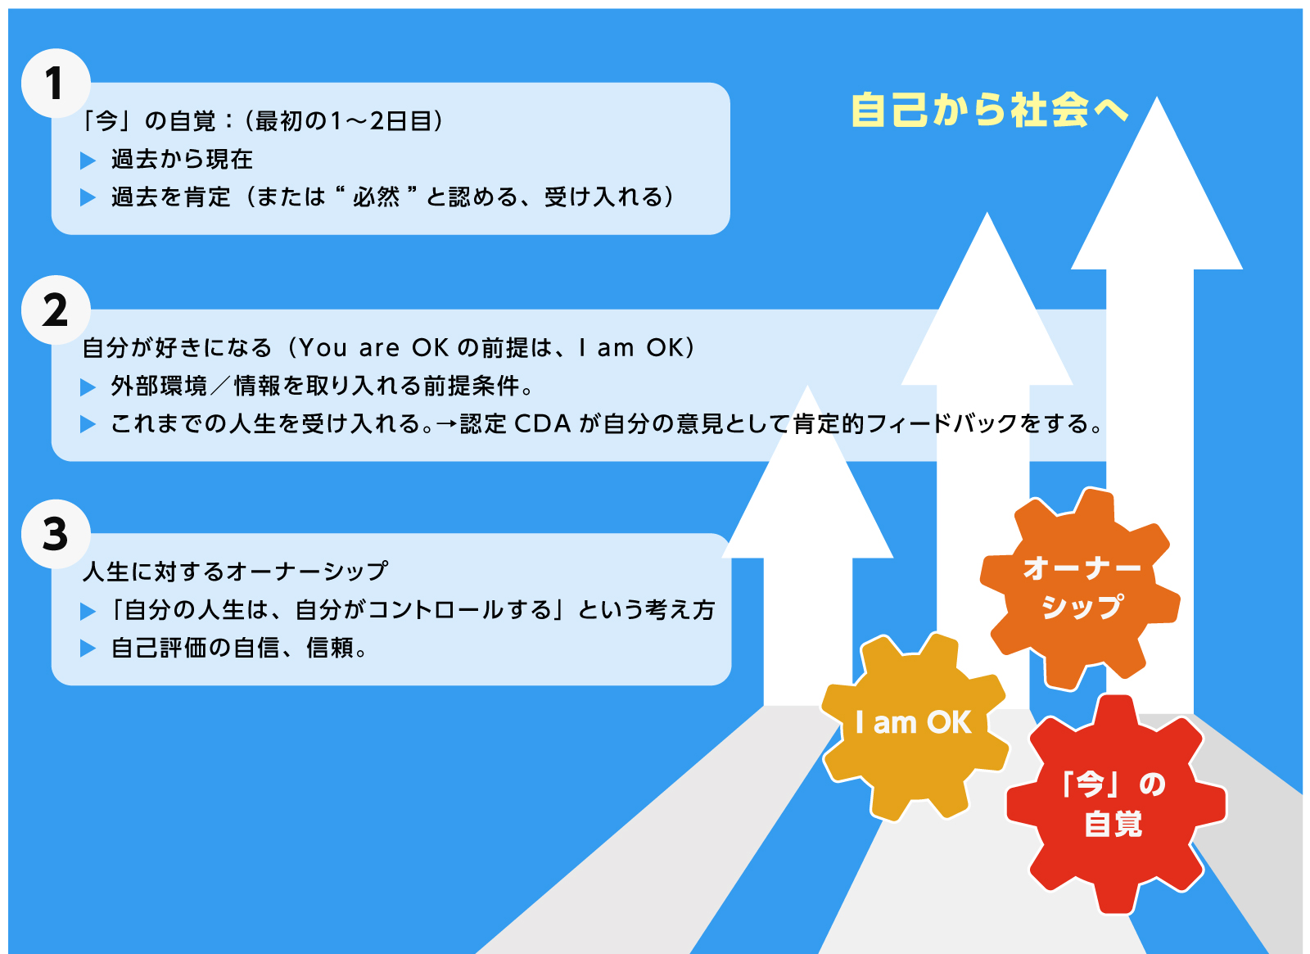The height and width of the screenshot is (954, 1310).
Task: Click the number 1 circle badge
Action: [x=56, y=83]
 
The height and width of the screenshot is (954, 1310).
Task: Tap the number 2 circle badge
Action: [x=56, y=310]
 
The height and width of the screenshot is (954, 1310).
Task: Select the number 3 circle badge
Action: [x=56, y=534]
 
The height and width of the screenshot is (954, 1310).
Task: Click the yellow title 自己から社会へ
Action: [x=989, y=110]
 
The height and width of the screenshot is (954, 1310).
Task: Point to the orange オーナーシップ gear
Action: [x=1080, y=589]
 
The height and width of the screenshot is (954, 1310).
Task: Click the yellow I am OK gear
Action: [x=915, y=726]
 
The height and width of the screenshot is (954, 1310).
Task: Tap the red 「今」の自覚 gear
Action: [x=1116, y=804]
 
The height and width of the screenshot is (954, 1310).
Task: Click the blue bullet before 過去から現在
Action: [x=88, y=161]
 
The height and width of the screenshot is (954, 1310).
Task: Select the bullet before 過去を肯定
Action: [x=88, y=197]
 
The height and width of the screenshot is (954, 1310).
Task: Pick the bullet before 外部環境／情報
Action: [x=88, y=387]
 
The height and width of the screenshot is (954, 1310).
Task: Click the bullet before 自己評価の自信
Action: [x=88, y=648]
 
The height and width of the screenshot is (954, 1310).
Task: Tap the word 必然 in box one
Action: [x=376, y=197]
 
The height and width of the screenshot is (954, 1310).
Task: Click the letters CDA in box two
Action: [x=542, y=424]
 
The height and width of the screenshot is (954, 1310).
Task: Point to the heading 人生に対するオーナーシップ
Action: [x=235, y=571]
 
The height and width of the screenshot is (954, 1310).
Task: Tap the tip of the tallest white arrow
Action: [x=1156, y=97]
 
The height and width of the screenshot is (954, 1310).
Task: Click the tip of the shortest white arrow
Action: [x=807, y=386]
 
